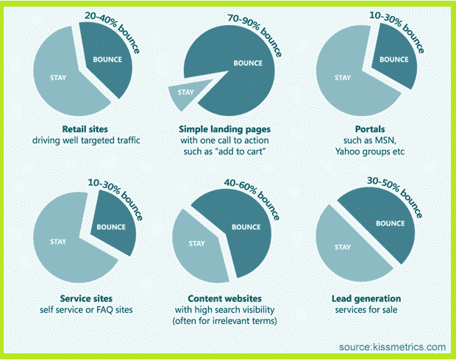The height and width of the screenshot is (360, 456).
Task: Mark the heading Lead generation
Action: pos(366,298)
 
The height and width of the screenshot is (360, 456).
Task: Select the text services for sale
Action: pos(366,310)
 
